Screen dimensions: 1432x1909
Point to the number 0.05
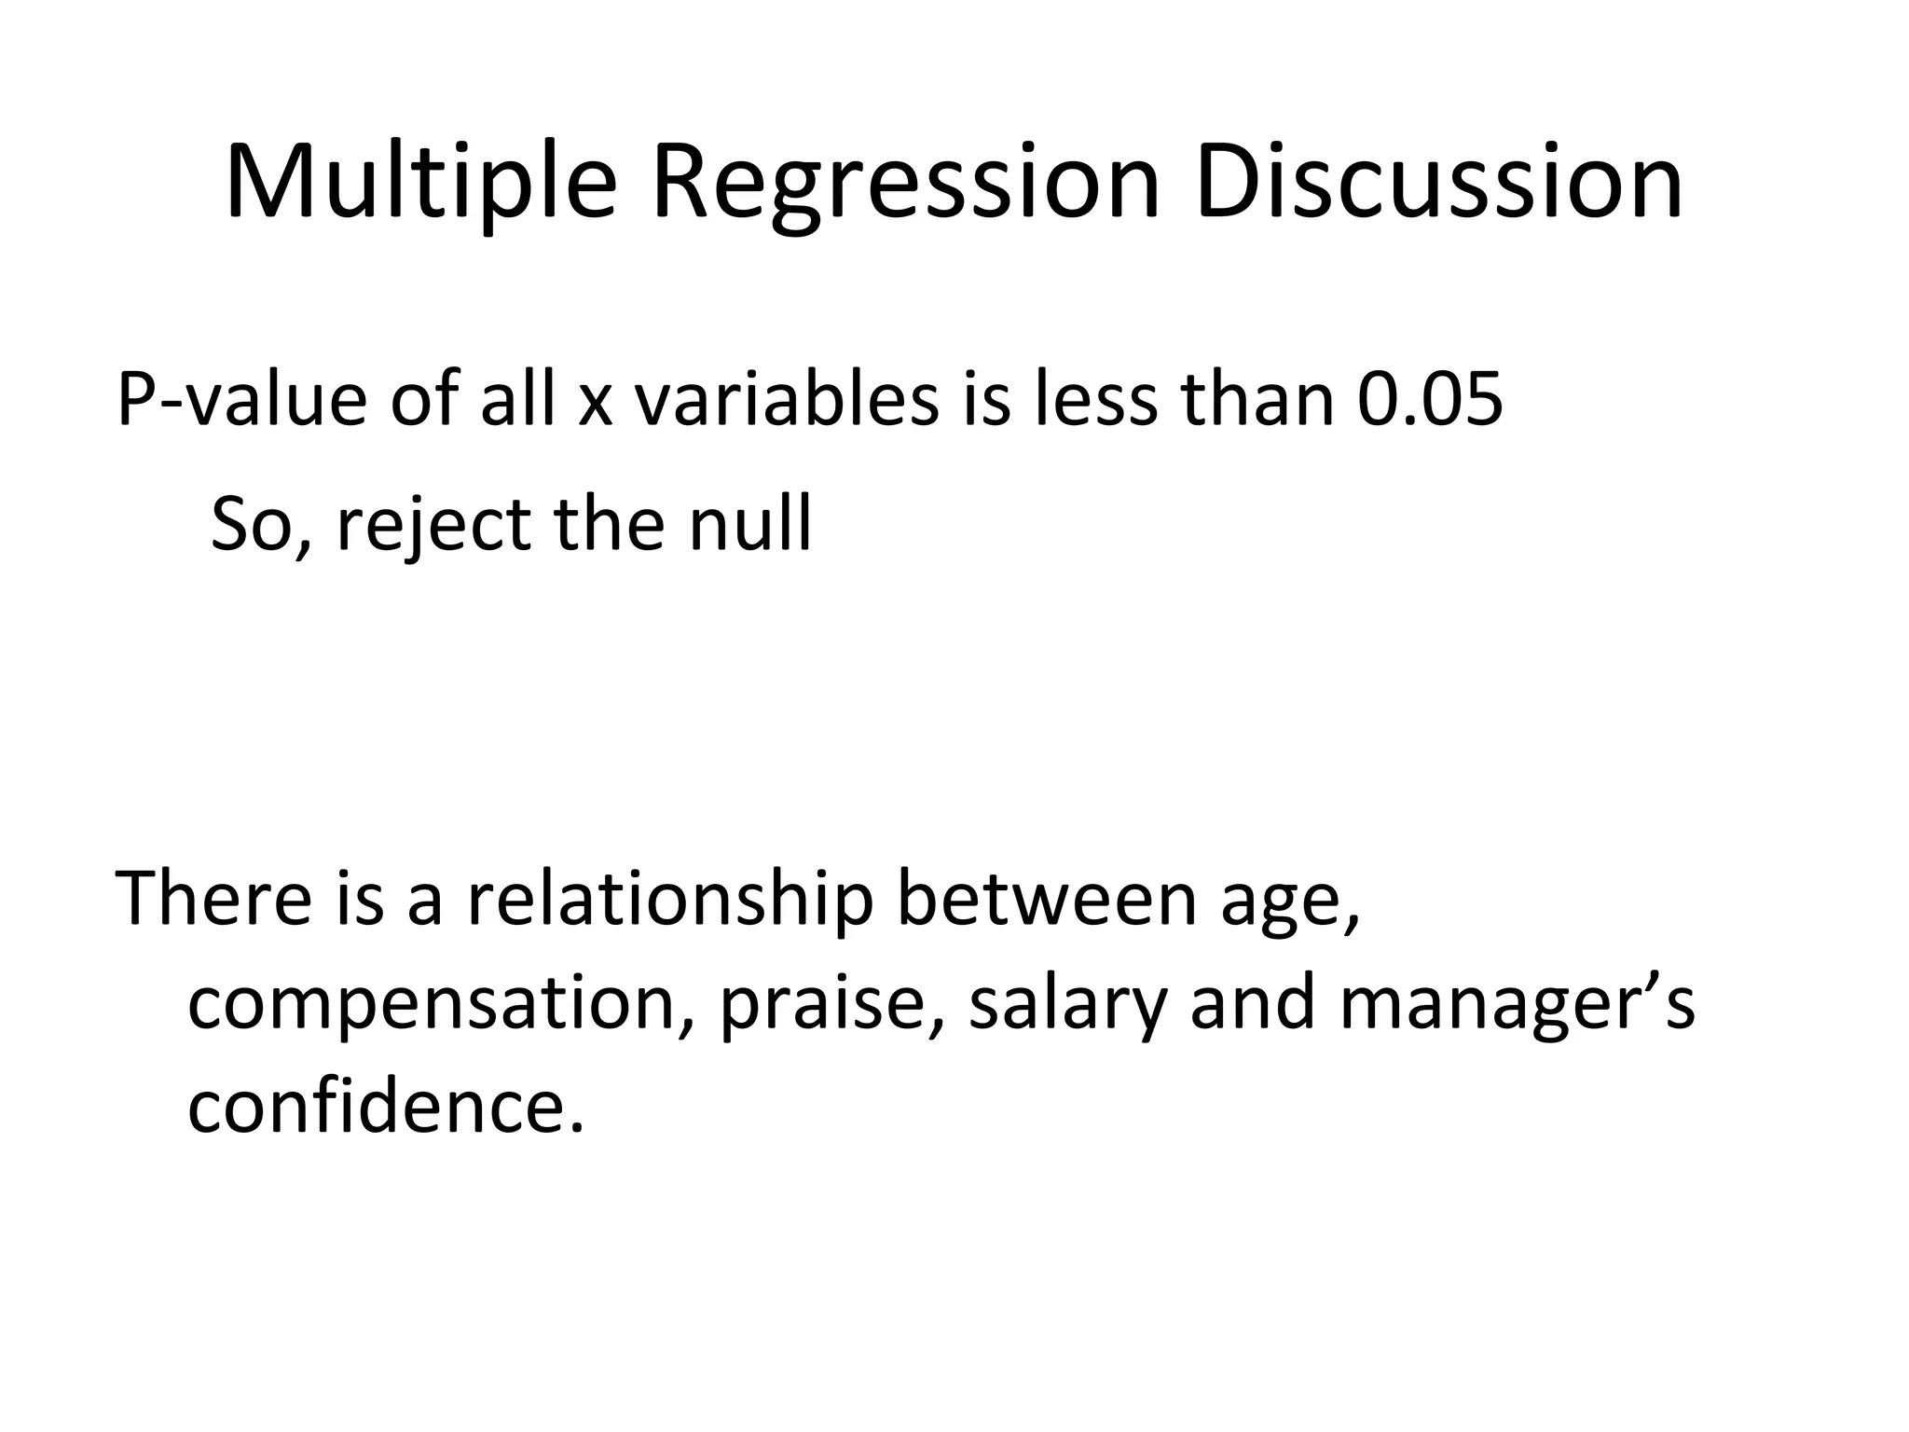click(x=1428, y=399)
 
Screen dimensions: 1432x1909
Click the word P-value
click(x=240, y=399)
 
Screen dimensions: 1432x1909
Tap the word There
click(x=213, y=898)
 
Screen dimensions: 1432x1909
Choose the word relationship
click(x=670, y=898)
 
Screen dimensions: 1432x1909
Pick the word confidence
click(x=384, y=1108)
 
